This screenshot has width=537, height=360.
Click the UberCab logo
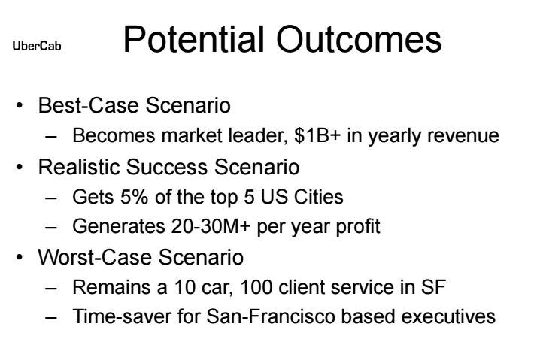point(37,46)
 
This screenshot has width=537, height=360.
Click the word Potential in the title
point(194,39)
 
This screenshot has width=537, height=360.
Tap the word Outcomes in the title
point(359,39)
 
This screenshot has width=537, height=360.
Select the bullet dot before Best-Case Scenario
point(20,105)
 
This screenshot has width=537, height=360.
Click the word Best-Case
point(89,105)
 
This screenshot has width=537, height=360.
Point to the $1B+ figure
point(317,135)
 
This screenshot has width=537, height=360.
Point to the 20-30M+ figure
point(211,226)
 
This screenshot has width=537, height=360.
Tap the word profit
point(358,227)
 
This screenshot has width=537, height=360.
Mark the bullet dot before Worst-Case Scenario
point(20,257)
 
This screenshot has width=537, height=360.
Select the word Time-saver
point(122,316)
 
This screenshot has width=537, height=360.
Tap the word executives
point(448,316)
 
